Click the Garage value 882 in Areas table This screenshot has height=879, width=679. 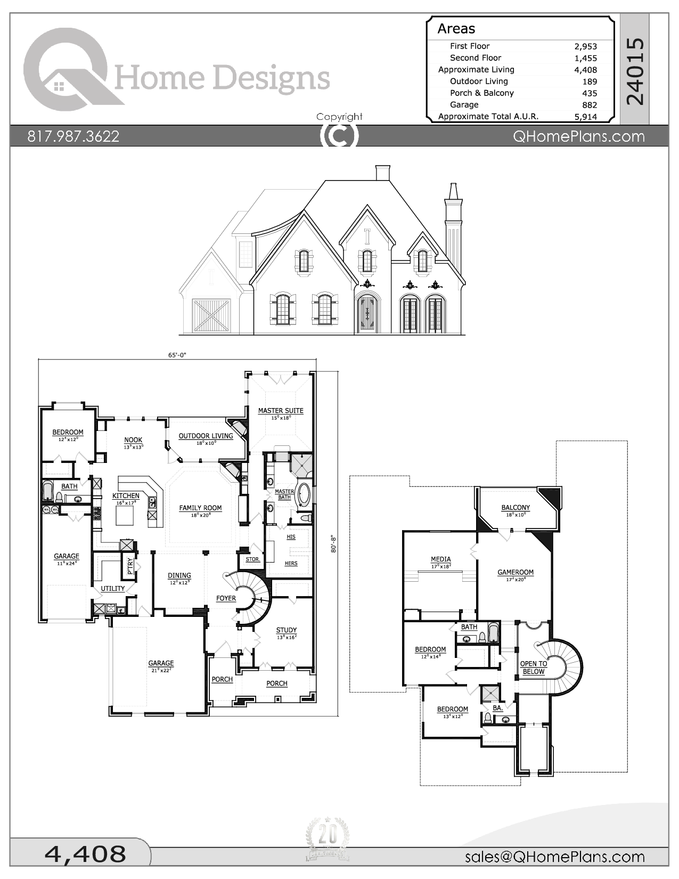click(589, 105)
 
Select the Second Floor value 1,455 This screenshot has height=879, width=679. click(585, 58)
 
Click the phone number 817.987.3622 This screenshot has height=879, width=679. click(73, 136)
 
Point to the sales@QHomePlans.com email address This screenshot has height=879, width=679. click(554, 857)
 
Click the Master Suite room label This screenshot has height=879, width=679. click(281, 411)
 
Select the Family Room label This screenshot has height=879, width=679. click(200, 508)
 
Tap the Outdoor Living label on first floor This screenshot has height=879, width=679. click(206, 436)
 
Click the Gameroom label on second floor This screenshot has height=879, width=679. click(515, 573)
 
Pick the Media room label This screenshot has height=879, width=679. click(440, 560)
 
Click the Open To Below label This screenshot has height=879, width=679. click(533, 668)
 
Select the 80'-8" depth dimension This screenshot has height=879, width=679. click(334, 543)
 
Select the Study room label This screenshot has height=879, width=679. click(287, 630)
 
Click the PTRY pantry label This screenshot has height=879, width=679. click(130, 567)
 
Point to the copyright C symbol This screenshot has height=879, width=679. click(339, 135)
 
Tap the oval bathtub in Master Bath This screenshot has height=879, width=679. click(304, 495)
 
